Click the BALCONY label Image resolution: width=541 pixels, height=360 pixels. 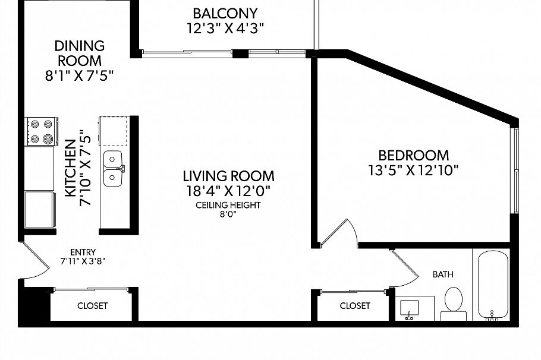coord(225,13)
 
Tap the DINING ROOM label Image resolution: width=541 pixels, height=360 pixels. coord(80,53)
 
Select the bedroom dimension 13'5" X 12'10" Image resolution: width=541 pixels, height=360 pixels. coord(413,170)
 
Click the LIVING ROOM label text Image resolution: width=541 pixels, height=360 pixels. coord(228,176)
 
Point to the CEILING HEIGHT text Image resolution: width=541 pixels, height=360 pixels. coord(228,205)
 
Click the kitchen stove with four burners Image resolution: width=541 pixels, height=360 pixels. coord(42,131)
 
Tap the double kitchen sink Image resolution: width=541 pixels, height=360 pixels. coord(112,168)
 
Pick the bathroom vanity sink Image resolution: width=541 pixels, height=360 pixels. coord(409,308)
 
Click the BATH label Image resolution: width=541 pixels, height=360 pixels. coord(443,274)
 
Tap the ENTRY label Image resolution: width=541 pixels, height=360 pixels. coord(83,252)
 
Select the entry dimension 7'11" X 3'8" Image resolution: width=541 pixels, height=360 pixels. coord(83,261)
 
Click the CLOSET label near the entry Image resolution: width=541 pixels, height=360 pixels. coord(93,306)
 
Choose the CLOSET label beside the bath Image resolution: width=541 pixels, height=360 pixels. coord(355,306)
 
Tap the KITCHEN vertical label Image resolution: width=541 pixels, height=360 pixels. coord(70,168)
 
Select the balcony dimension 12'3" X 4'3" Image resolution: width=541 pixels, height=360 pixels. coord(225,27)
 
